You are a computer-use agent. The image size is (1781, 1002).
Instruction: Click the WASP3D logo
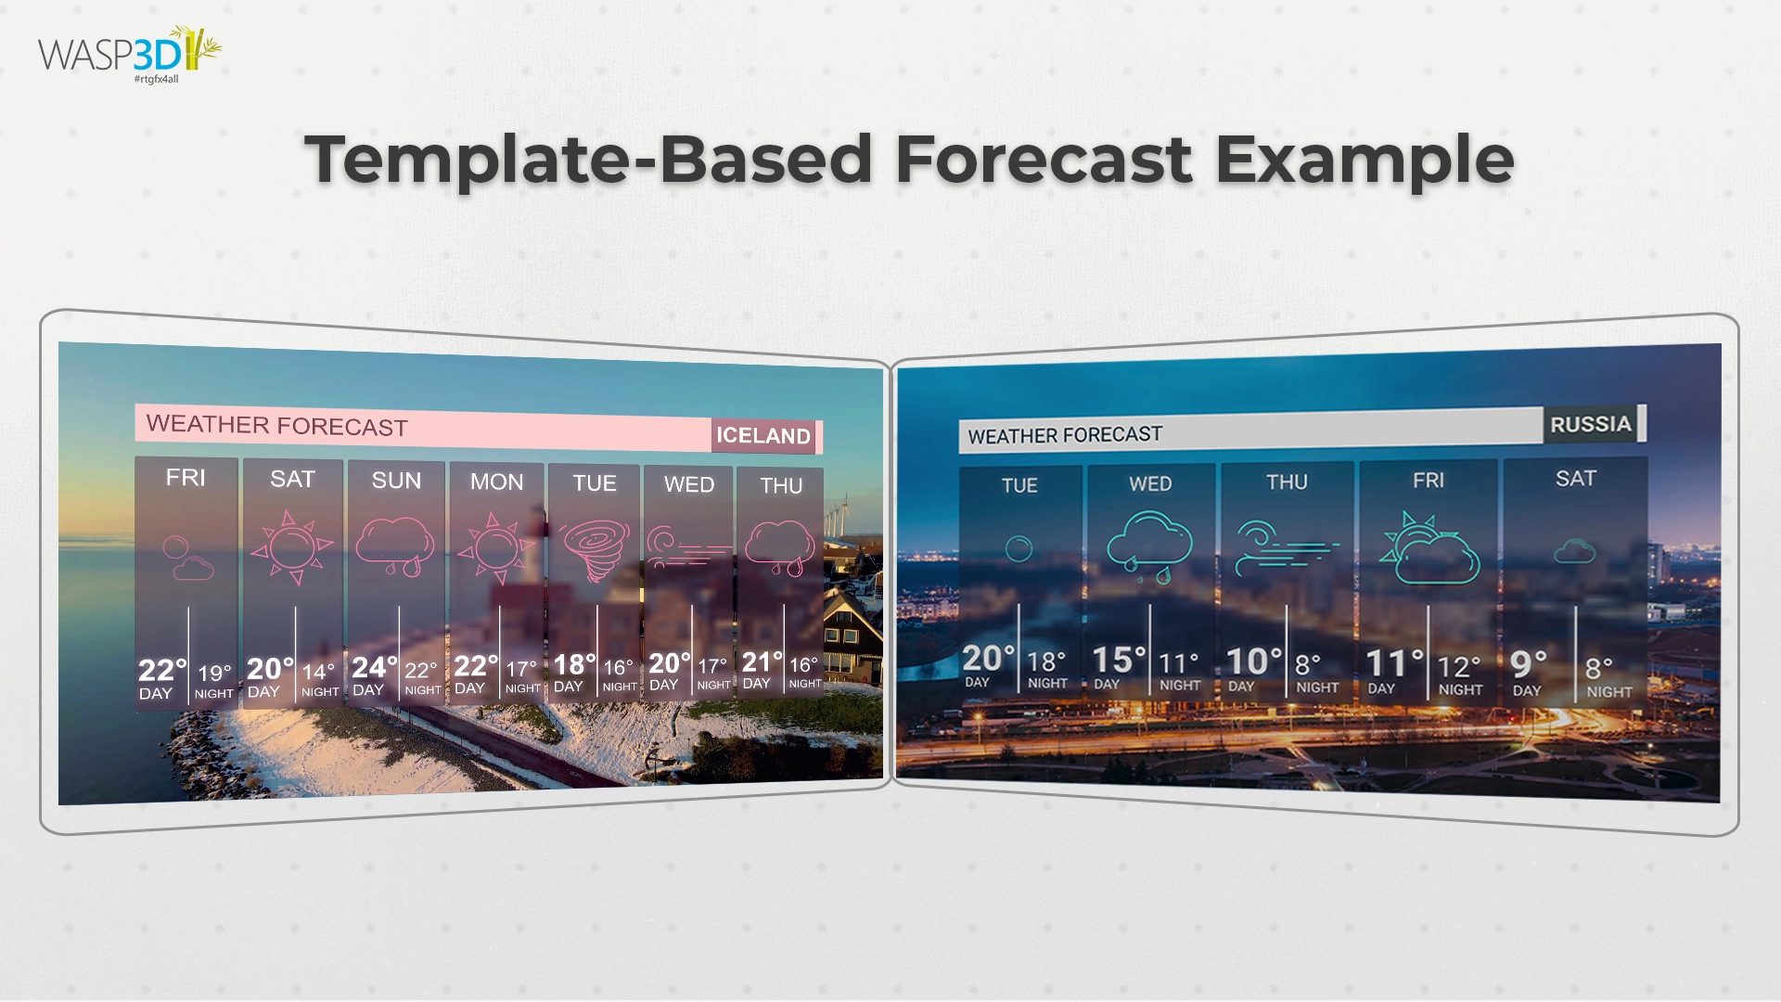point(129,54)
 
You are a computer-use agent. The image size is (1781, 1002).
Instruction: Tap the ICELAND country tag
point(762,435)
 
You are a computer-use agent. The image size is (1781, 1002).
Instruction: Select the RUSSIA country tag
point(1590,424)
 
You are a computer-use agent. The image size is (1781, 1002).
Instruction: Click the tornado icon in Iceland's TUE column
point(594,546)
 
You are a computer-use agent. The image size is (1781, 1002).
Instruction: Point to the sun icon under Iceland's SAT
point(293,546)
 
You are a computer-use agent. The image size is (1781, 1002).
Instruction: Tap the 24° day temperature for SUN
point(374,668)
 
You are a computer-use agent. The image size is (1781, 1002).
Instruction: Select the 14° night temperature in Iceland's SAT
point(318,672)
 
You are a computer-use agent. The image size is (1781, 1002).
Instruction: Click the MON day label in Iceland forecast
point(496,482)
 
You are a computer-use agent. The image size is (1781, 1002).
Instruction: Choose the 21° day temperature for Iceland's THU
point(762,662)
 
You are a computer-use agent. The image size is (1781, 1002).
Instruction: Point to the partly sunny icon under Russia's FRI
point(1429,549)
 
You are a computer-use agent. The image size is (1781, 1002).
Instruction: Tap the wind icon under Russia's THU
point(1286,547)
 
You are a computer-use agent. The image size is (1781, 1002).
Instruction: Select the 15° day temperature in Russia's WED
point(1118,660)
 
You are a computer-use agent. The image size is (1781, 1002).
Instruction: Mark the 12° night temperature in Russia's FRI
point(1458,666)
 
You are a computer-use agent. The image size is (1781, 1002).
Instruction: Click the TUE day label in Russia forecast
point(1019,485)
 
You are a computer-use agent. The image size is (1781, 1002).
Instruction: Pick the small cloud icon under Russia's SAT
point(1574,552)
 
